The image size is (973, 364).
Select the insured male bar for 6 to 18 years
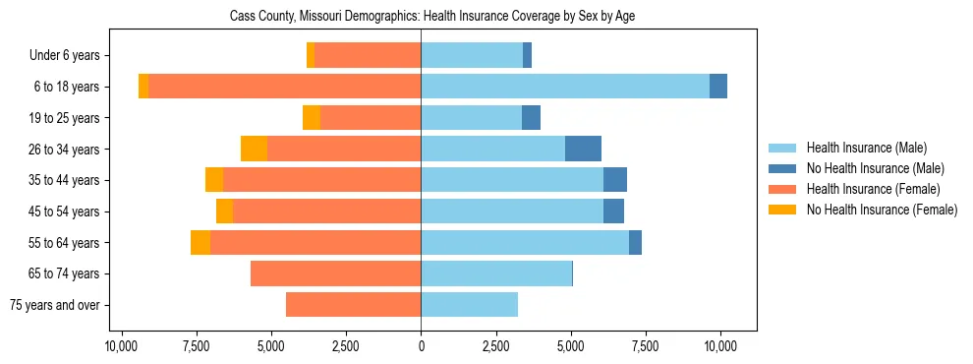(x=565, y=87)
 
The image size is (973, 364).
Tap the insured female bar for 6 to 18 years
(x=285, y=87)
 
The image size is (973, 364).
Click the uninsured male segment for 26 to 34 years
(x=583, y=149)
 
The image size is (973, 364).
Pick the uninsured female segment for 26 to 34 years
(x=254, y=149)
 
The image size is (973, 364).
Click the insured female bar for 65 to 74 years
(x=335, y=273)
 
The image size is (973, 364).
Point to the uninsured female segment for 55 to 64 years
(x=200, y=242)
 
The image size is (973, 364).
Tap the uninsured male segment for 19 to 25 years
(x=531, y=118)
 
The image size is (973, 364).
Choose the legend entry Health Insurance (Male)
(x=866, y=148)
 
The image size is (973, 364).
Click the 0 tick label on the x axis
(x=421, y=346)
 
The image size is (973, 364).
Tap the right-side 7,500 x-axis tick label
(x=646, y=346)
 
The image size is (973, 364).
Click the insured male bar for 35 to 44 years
(x=512, y=180)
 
